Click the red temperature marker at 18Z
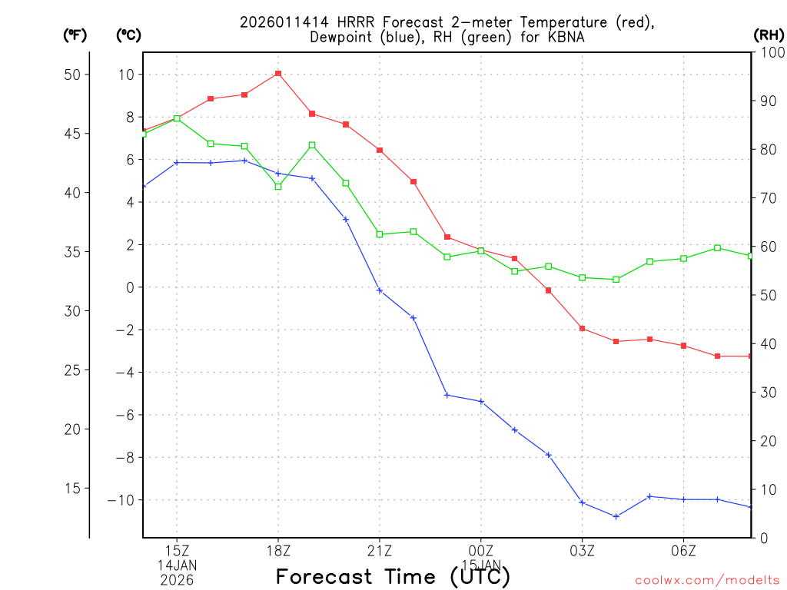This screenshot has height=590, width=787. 278,74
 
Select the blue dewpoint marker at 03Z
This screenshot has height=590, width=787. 583,502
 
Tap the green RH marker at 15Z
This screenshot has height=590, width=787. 177,118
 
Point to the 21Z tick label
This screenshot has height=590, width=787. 380,551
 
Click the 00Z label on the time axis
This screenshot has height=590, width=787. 481,551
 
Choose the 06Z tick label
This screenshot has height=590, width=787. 684,551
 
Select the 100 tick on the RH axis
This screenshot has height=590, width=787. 769,51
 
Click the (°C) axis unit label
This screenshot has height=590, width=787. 129,35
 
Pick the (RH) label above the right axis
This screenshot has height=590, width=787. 769,35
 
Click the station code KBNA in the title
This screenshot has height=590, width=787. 552,36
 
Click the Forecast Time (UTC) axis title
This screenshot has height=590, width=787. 393,576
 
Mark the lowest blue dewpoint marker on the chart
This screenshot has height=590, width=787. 616,516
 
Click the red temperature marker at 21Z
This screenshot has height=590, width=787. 380,150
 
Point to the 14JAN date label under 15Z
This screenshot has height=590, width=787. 178,565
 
